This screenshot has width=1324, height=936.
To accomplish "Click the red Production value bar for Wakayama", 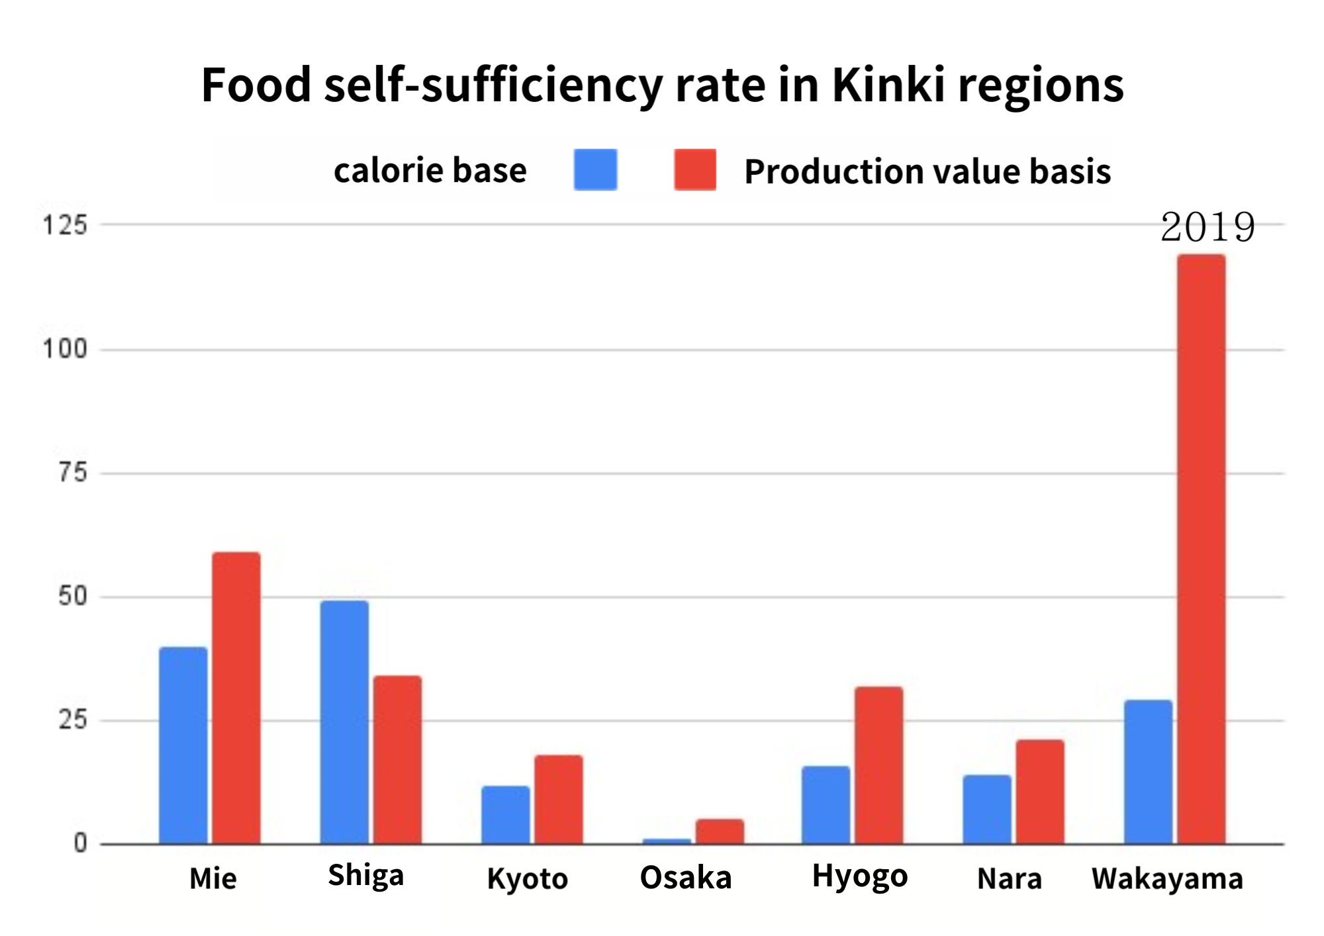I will point(1201,549).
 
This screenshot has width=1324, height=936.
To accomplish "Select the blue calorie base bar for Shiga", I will point(344,722).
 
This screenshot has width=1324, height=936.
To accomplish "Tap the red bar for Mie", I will point(236,698).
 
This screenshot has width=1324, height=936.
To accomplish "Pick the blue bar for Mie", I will point(183,745).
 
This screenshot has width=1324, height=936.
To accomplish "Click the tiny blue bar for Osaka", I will point(667,841).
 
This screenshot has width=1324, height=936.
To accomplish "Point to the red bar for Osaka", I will point(720,831).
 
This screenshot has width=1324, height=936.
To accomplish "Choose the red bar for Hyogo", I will point(878,765).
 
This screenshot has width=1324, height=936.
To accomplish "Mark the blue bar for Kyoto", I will point(505,815).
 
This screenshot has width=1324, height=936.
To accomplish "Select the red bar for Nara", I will point(1040,792).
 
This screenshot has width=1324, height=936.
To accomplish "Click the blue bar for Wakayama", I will point(1148,772).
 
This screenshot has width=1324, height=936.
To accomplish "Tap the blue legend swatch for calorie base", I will point(595,170).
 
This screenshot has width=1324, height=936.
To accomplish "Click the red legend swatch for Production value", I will point(695,170).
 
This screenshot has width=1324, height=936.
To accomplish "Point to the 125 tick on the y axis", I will point(65,226).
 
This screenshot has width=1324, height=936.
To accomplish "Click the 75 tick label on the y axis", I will point(73,473).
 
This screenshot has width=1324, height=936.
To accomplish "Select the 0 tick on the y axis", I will point(81,843).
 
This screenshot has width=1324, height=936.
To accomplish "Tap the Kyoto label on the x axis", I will point(528,879).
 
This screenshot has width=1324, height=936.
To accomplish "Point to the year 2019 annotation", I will point(1207,228).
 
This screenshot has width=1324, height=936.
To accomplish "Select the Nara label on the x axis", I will point(1010,879).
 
